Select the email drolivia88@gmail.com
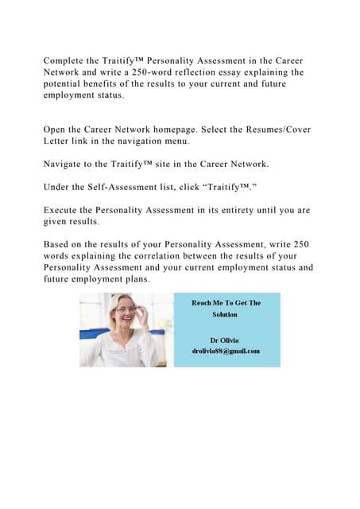pyautogui.click(x=226, y=350)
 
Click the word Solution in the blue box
pyautogui.click(x=225, y=314)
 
